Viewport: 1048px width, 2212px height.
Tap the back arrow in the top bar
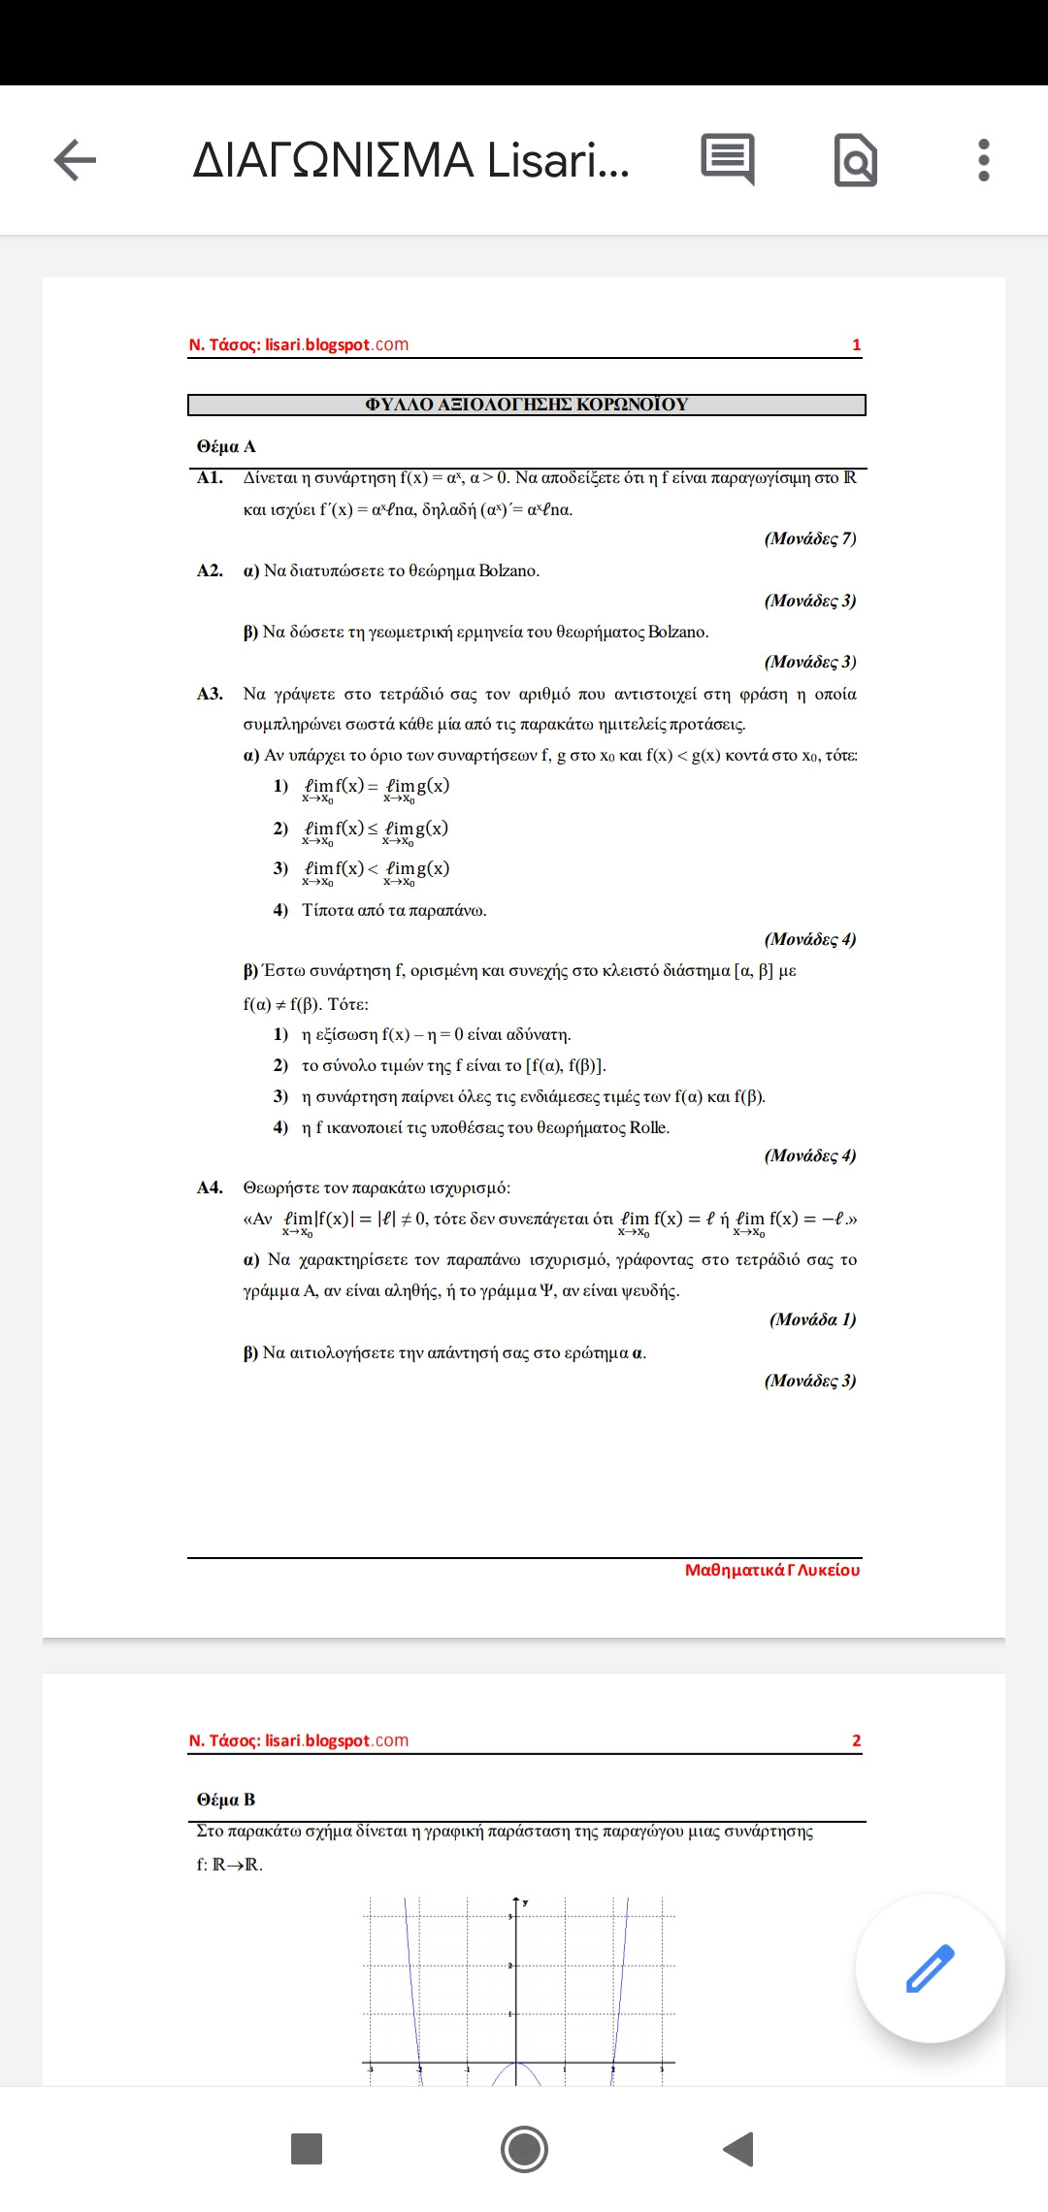pos(75,160)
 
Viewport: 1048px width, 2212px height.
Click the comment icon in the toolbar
pos(727,159)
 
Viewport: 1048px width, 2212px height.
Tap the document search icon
pos(855,160)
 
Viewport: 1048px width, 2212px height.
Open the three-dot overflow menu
pos(983,160)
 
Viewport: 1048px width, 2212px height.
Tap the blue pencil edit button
pos(930,1968)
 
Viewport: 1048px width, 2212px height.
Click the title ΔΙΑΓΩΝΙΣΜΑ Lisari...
pos(410,160)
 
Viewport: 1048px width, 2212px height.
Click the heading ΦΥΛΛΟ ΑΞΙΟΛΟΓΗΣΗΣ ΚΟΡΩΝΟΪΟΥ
pos(526,405)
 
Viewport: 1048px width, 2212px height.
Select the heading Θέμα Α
pos(226,446)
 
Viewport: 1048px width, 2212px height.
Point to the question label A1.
pos(210,477)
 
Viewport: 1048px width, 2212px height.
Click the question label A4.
pos(210,1187)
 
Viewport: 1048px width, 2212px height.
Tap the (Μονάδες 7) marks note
pos(809,538)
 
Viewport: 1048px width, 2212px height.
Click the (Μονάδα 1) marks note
pos(812,1319)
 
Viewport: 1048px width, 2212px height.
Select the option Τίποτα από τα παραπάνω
pos(394,910)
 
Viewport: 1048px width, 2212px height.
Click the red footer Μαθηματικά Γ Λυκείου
pos(771,1570)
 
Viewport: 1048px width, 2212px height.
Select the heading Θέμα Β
pos(226,1800)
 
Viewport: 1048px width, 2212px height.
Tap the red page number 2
pos(856,1740)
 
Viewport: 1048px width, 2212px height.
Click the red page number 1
pos(856,344)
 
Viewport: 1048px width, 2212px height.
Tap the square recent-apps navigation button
pos(307,2148)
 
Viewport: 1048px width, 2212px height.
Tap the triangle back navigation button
pos(739,2148)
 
